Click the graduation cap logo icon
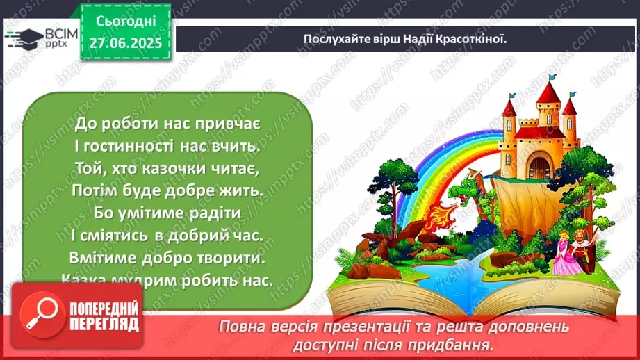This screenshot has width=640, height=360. coord(22,38)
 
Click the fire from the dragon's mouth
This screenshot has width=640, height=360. coord(420,209)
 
